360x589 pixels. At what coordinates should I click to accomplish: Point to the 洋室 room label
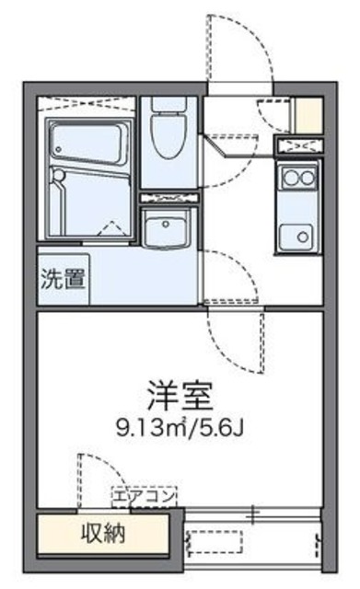click(179, 397)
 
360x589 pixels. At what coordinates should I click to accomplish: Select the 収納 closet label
click(101, 533)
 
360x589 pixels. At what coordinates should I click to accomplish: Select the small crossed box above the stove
click(297, 146)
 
